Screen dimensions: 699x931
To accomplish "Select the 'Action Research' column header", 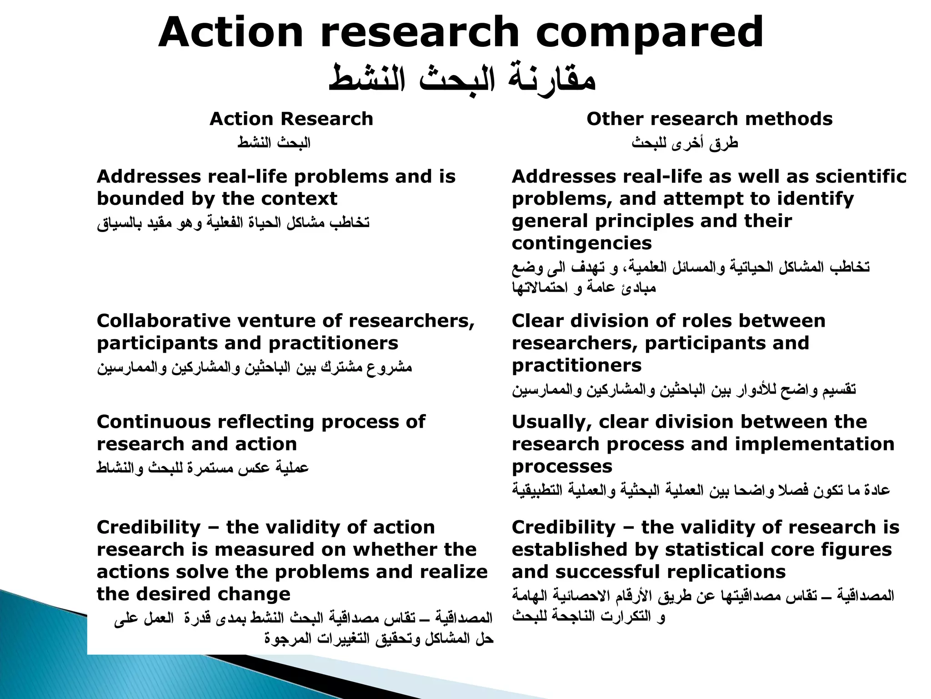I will pos(291,119).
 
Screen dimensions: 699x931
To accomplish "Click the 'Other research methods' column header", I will pos(709,119).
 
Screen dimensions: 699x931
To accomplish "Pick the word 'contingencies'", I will pos(581,243).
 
